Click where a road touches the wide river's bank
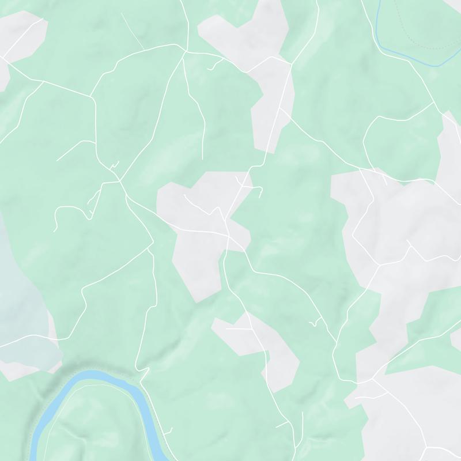(140, 380)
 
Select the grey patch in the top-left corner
(23, 35)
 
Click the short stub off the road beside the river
(171, 430)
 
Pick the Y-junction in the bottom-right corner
(427, 447)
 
